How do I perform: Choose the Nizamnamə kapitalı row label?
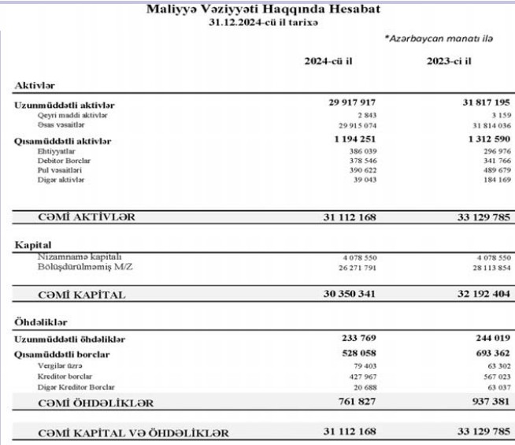point(74,257)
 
